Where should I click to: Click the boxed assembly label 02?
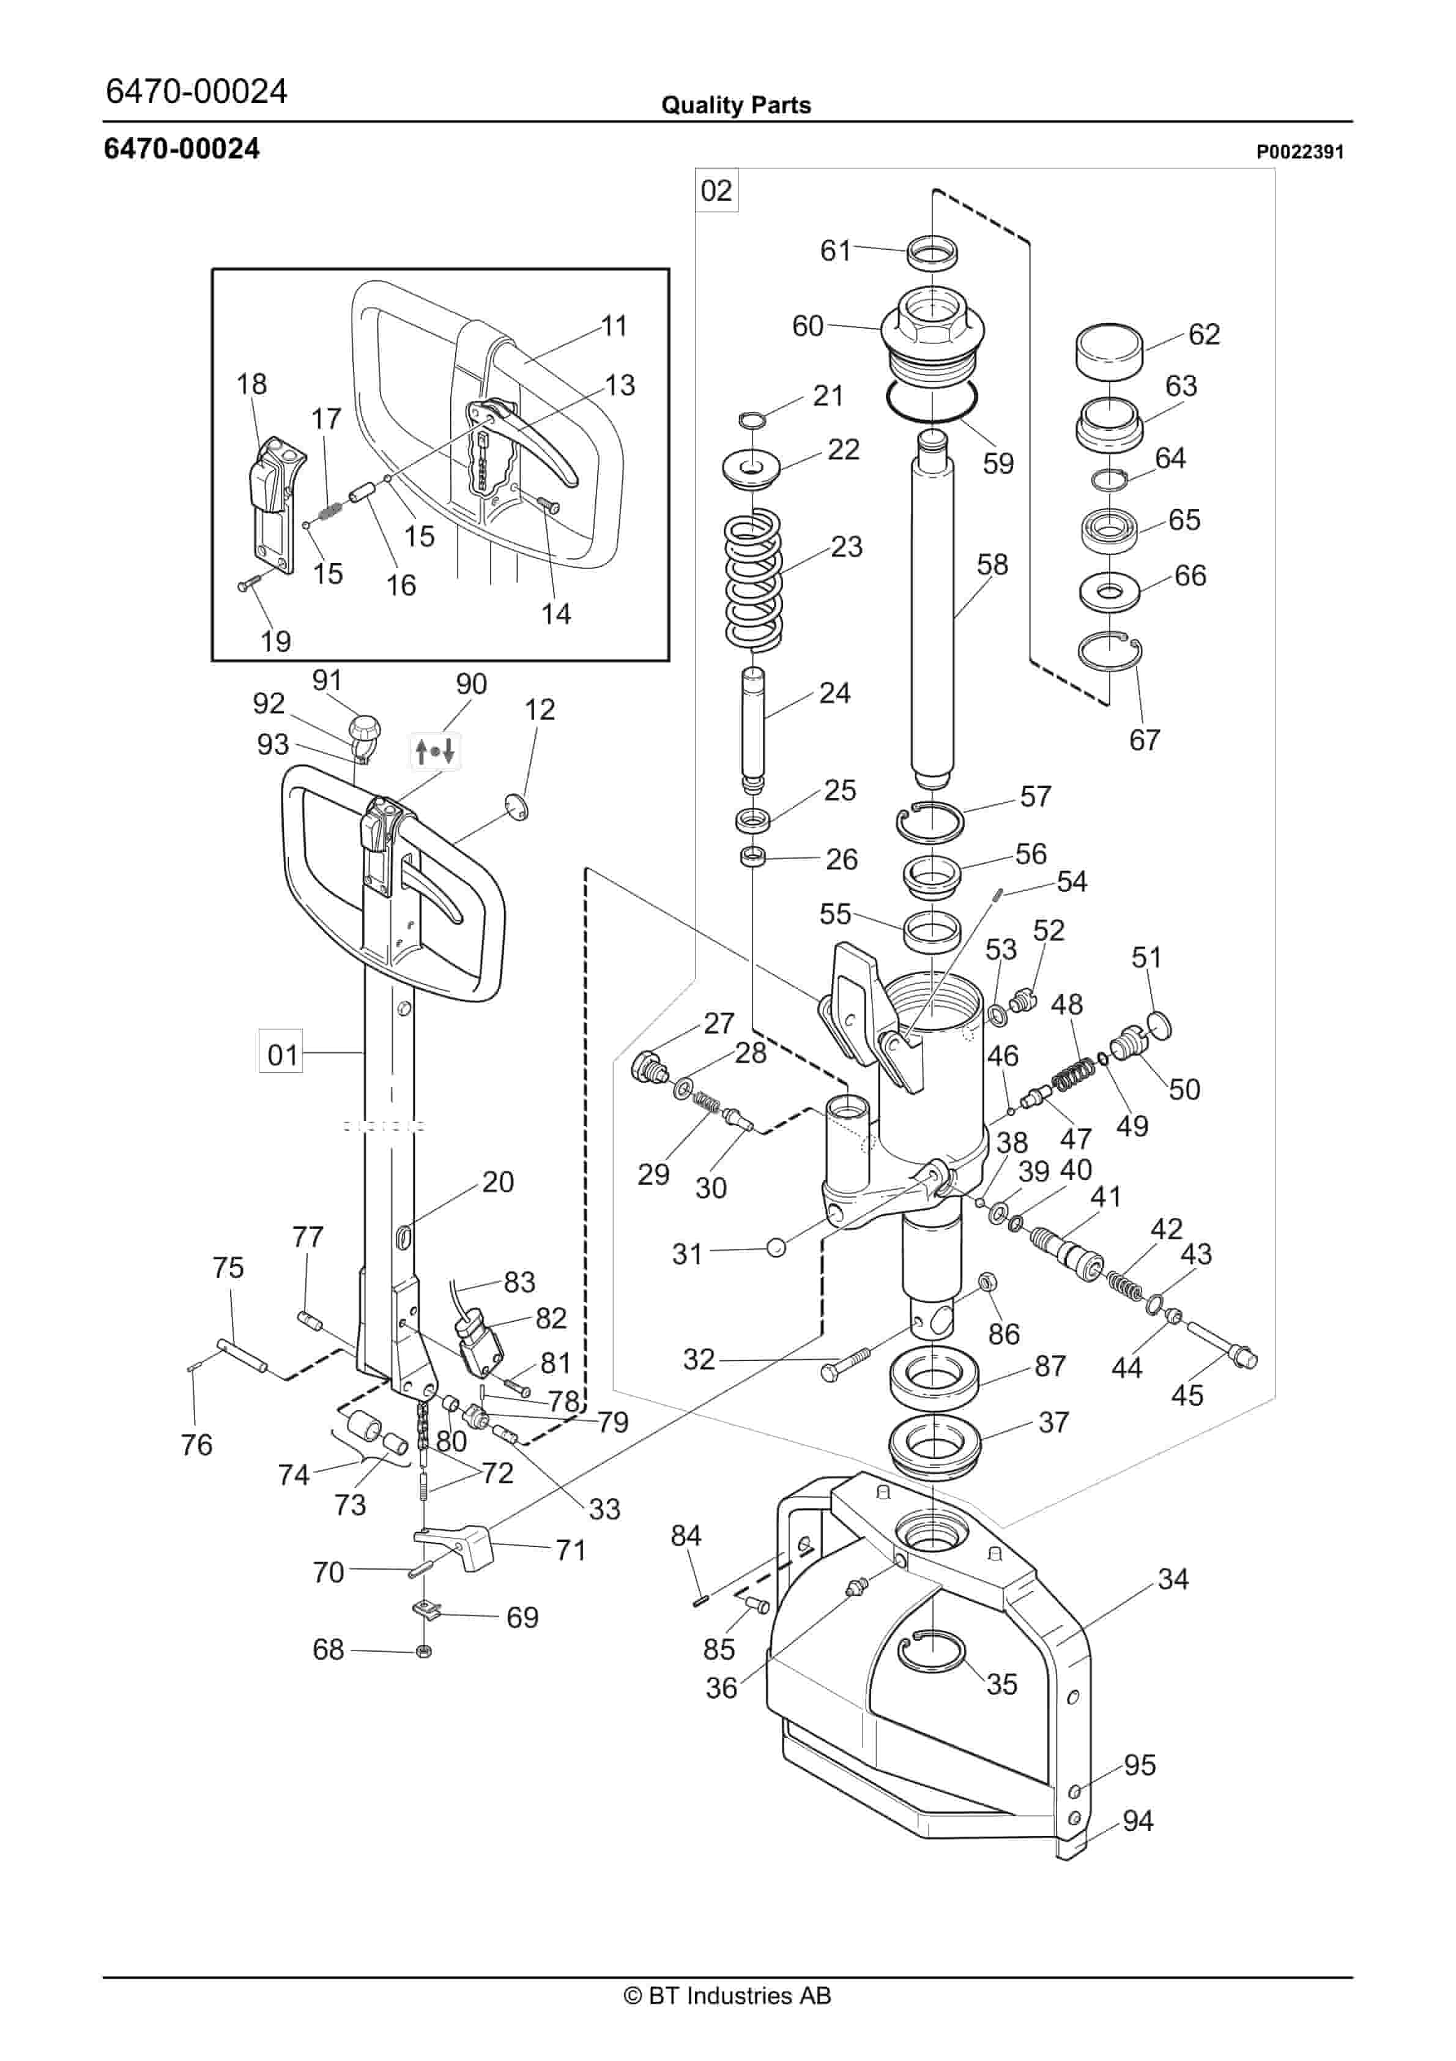click(716, 190)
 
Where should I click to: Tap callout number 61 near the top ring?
click(835, 250)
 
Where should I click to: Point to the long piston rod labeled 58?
click(933, 610)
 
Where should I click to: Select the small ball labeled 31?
click(776, 1247)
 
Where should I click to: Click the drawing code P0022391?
click(1299, 152)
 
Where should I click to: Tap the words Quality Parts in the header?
click(735, 105)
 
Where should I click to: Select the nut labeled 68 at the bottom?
click(425, 1651)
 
